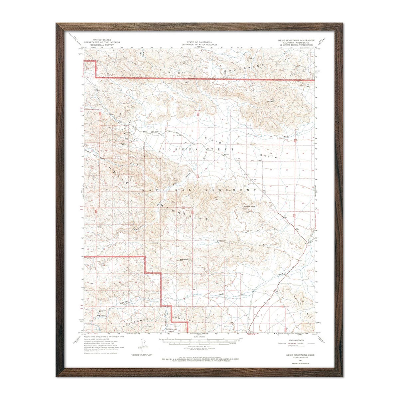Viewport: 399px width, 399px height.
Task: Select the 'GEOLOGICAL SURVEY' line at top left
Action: tap(102, 45)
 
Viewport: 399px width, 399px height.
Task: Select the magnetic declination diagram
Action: tap(142, 346)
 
